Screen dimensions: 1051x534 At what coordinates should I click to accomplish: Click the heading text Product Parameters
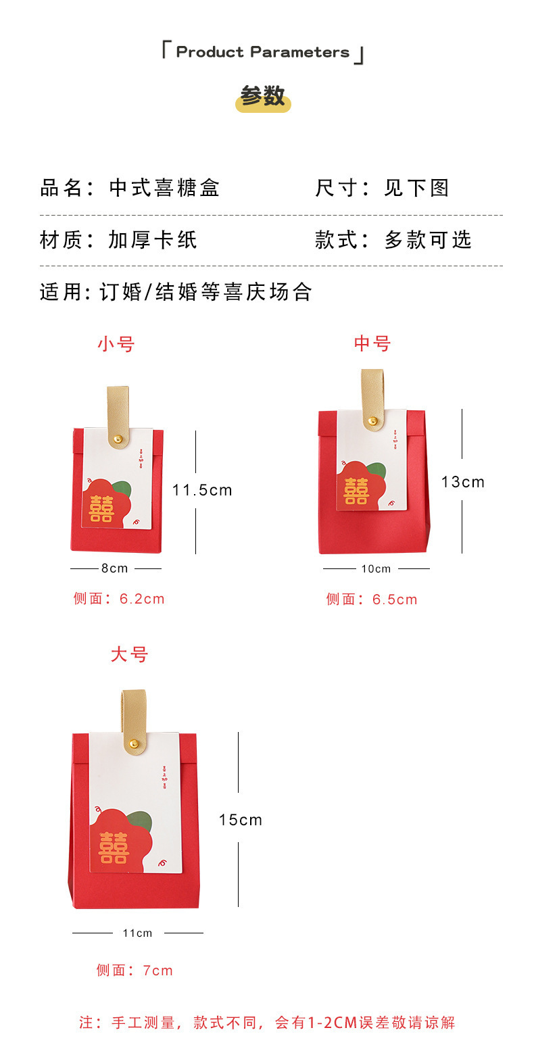point(263,52)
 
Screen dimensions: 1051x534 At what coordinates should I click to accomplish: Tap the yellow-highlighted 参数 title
point(263,97)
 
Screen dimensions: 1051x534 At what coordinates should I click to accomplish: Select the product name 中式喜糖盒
point(165,188)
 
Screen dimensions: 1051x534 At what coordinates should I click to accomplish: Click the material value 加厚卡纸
point(153,240)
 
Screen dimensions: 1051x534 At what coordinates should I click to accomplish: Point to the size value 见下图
point(417,188)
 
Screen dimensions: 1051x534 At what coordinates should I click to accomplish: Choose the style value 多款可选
point(428,240)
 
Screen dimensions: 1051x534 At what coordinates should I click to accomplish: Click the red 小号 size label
point(116,344)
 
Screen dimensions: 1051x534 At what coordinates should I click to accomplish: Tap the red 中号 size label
point(372,343)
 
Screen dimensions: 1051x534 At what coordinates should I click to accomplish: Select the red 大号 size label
point(130,654)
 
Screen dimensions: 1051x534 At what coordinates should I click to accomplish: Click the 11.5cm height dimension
point(202,491)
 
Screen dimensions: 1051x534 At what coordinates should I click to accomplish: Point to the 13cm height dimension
point(463,482)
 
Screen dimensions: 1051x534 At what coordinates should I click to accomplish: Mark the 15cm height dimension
point(241,820)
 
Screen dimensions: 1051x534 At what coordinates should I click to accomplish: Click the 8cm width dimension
point(115,568)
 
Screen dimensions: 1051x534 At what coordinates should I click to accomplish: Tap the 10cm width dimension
point(376,568)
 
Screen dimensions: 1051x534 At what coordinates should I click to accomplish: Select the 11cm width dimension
point(138,933)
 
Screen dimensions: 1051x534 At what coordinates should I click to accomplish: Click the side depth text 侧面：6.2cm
point(119,599)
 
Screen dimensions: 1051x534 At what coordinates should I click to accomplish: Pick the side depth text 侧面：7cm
point(135,971)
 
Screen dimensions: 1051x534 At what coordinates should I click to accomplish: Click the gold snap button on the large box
point(134,744)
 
